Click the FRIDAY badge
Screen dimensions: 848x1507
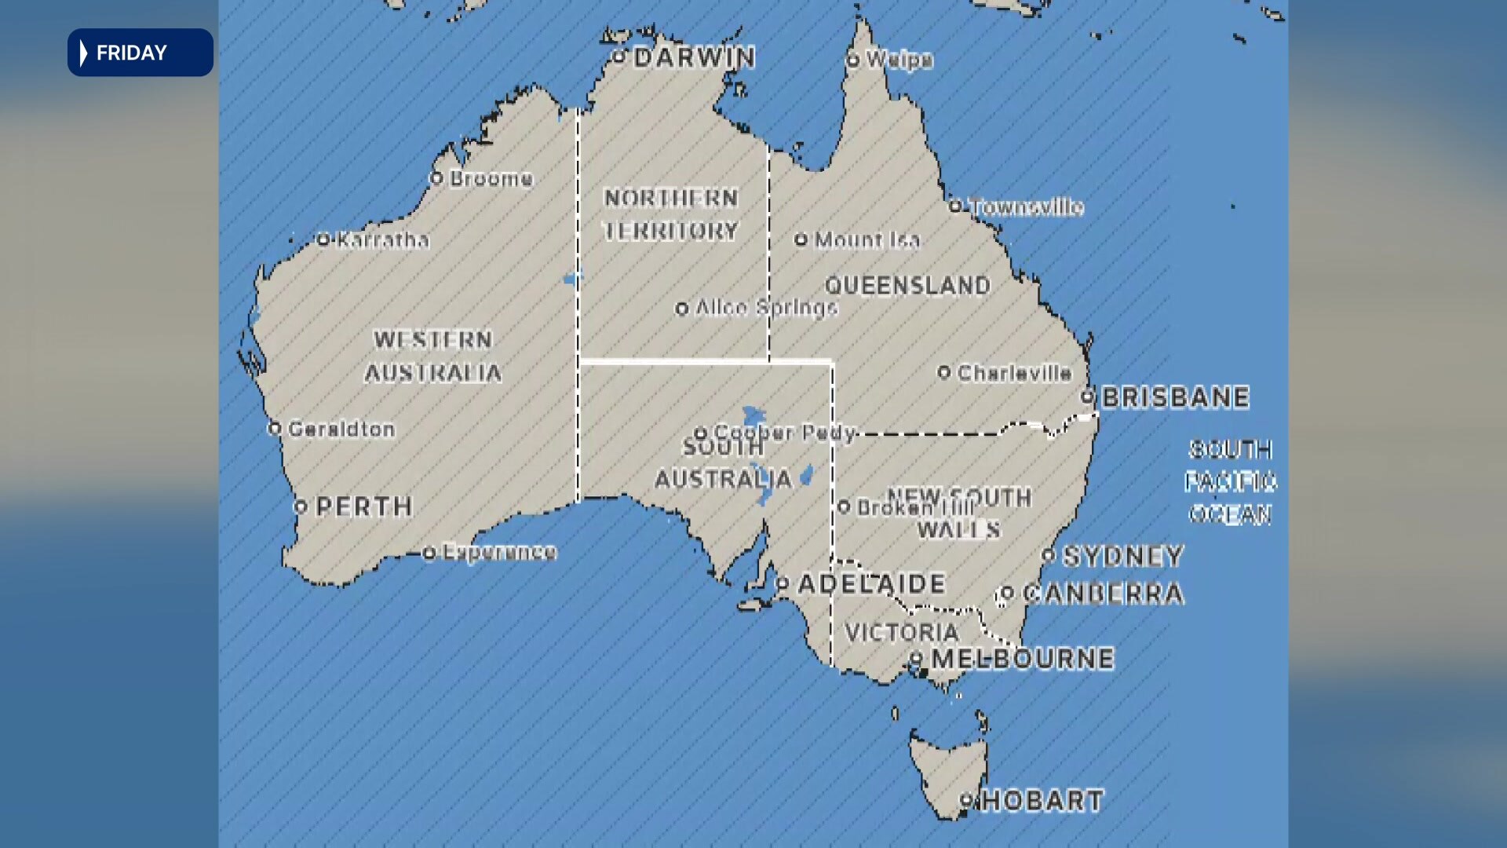pos(140,53)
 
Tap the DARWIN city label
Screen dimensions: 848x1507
pos(694,57)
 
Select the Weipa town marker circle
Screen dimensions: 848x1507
pos(853,60)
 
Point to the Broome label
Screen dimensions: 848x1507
pos(491,179)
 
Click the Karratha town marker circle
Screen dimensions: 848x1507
pos(323,239)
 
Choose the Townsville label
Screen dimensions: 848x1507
pos(1027,207)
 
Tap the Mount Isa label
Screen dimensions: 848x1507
pos(867,240)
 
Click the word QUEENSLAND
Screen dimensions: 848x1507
pos(907,286)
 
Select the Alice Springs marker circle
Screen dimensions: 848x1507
pos(682,309)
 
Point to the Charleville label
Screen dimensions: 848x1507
pos(1014,373)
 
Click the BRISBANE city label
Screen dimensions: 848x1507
pos(1175,398)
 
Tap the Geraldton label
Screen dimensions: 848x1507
pos(341,429)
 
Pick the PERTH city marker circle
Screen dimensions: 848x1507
pos(300,507)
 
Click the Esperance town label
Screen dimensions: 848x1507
pos(499,552)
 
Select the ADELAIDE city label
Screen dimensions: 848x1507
pos(871,584)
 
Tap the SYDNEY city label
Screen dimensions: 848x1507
pos(1122,557)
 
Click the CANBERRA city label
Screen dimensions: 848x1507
pos(1103,594)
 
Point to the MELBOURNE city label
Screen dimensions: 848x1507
pos(1022,659)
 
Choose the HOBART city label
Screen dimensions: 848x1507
pos(1042,801)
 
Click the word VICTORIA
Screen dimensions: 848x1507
pos(901,632)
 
